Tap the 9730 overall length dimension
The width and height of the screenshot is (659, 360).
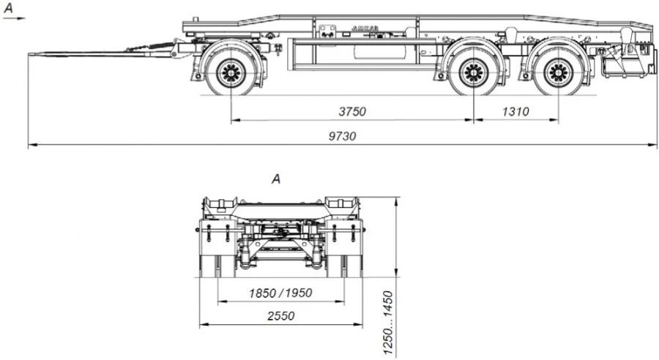coord(346,137)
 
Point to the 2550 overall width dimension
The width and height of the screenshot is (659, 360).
coord(280,316)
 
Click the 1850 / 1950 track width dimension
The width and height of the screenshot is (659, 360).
coord(280,293)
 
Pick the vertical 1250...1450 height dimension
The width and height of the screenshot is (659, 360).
coord(389,323)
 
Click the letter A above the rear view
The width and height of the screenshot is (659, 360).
coord(276,178)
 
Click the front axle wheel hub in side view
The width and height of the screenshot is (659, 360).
coord(231,72)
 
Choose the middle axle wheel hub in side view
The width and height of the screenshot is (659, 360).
coord(473,72)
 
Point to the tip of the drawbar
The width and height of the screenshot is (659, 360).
coord(31,53)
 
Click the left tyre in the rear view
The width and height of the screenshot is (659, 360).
coord(210,264)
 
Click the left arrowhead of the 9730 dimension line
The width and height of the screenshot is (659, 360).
coord(30,145)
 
